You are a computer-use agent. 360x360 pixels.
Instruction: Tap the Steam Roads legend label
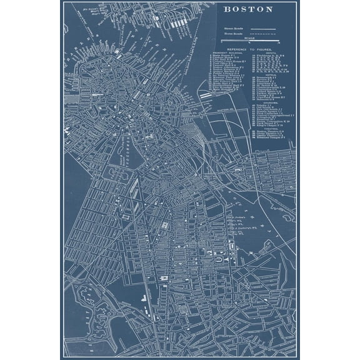coord(232,28)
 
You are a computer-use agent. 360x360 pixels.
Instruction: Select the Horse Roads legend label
coord(232,34)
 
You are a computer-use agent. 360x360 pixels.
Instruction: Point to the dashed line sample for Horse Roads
coord(262,34)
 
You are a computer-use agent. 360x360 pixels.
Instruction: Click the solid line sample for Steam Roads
coord(262,29)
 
